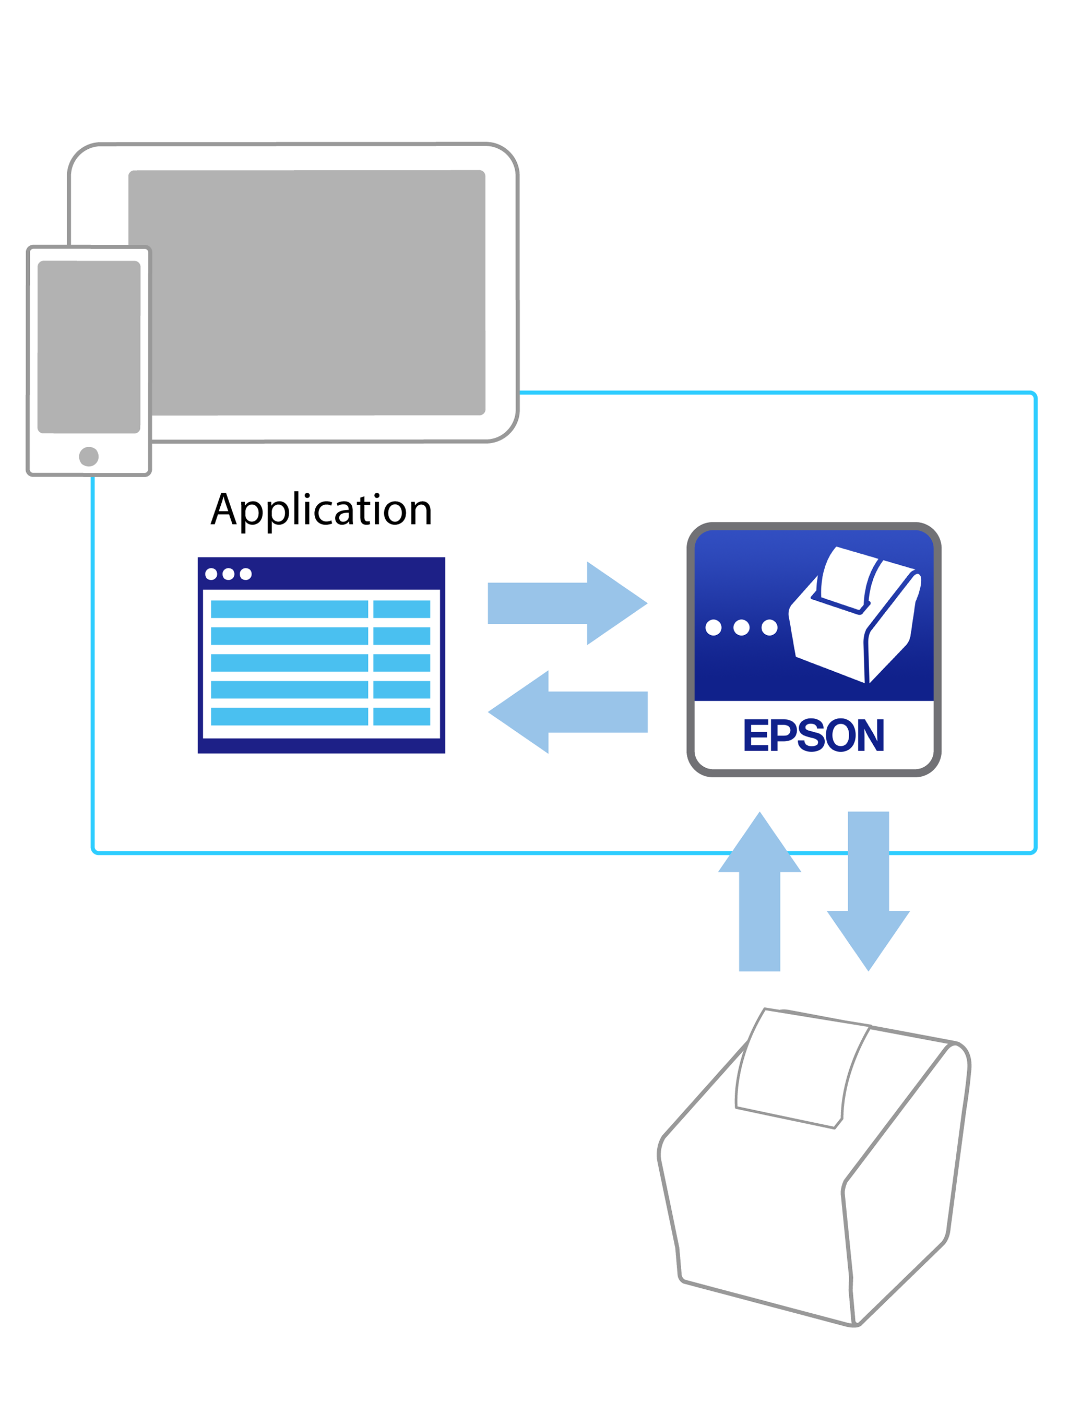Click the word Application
320,509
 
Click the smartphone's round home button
88,456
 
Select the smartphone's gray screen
88,347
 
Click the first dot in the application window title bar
211,574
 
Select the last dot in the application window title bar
246,574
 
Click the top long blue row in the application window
290,609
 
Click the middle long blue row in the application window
290,663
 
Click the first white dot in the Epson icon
713,627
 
